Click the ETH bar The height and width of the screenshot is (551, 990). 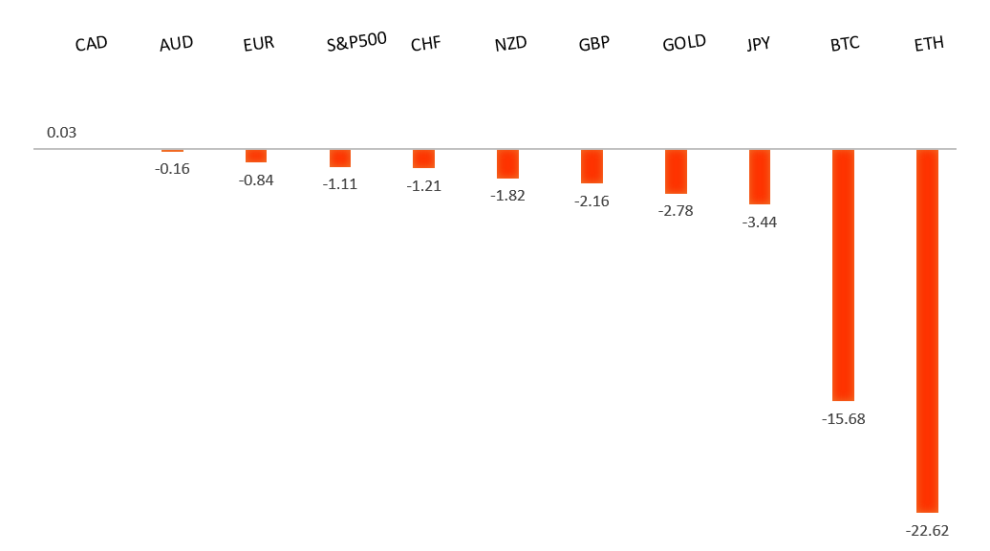point(927,330)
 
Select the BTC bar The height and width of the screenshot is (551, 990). point(843,275)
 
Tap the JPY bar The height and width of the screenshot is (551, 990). point(759,177)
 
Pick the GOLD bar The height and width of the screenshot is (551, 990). point(676,172)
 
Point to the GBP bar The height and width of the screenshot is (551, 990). point(592,166)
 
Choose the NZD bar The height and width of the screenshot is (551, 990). point(507,163)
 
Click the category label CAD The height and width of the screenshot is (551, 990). point(91,44)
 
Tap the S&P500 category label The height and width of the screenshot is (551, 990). point(356,42)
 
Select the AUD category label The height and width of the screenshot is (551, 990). point(176,44)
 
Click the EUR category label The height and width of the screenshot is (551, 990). point(259,44)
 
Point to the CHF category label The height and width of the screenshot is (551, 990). point(425,44)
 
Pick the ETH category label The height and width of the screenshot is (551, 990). point(928,44)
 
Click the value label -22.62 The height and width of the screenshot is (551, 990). point(927,531)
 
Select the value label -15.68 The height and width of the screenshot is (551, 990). point(843,418)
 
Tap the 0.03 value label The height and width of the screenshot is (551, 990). point(61,132)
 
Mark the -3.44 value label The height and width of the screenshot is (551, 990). point(759,223)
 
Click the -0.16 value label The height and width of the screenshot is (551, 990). point(173,169)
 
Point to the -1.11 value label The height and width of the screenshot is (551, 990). point(340,184)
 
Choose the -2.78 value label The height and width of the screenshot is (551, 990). point(676,212)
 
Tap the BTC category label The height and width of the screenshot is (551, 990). point(845,44)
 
